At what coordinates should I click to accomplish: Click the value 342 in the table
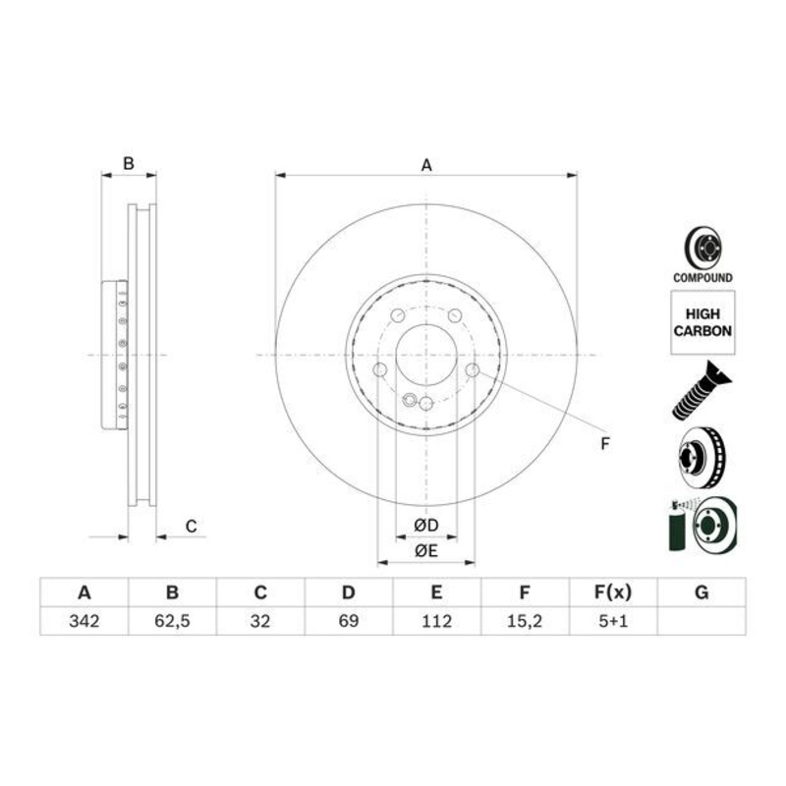(x=84, y=621)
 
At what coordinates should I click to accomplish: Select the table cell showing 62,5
(x=172, y=621)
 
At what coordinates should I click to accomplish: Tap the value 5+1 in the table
(x=612, y=621)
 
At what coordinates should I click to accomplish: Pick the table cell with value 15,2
(x=525, y=621)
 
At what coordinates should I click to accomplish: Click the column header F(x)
(x=612, y=592)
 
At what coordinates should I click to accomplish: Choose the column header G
(x=701, y=592)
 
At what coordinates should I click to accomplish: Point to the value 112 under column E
(x=436, y=621)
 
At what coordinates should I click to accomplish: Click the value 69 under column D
(x=348, y=621)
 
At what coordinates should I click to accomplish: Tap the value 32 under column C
(x=260, y=621)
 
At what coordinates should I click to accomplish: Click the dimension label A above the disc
(x=426, y=165)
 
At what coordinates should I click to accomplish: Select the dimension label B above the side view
(x=128, y=164)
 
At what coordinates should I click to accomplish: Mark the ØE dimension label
(x=425, y=551)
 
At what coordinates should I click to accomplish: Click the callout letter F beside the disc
(x=606, y=444)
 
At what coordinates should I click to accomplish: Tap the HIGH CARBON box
(x=702, y=321)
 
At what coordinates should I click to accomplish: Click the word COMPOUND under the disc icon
(x=702, y=278)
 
